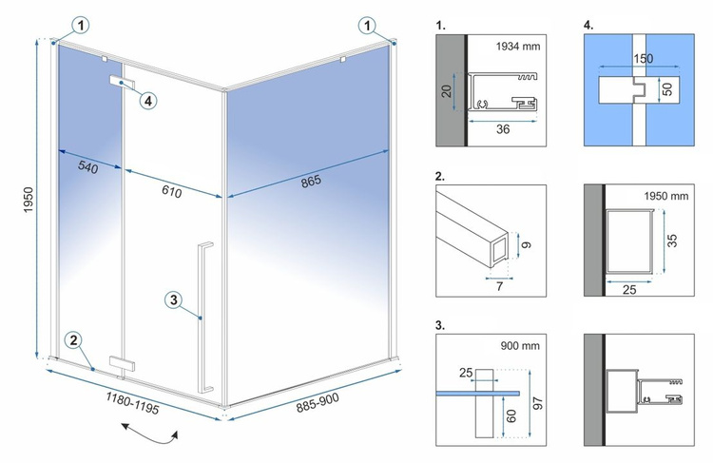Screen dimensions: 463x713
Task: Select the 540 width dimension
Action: (87, 168)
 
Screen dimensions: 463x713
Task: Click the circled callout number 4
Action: (149, 99)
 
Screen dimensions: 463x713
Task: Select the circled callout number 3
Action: (172, 300)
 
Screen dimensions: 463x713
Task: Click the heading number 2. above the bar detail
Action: (440, 176)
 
